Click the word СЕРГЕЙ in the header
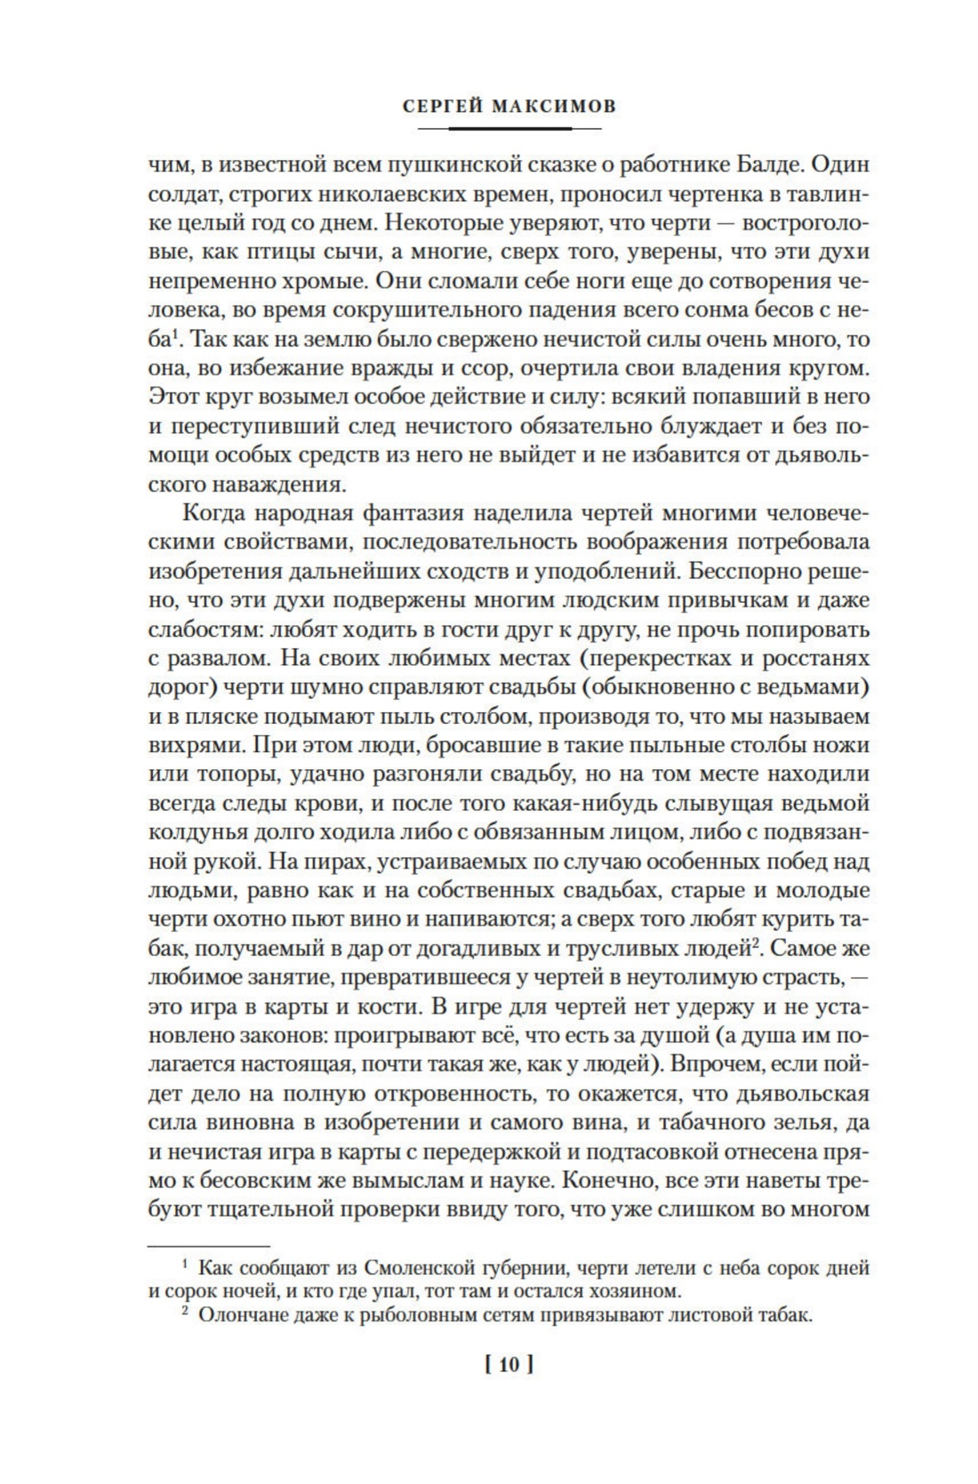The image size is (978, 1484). click(x=441, y=107)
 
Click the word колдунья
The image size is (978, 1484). click(x=194, y=832)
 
